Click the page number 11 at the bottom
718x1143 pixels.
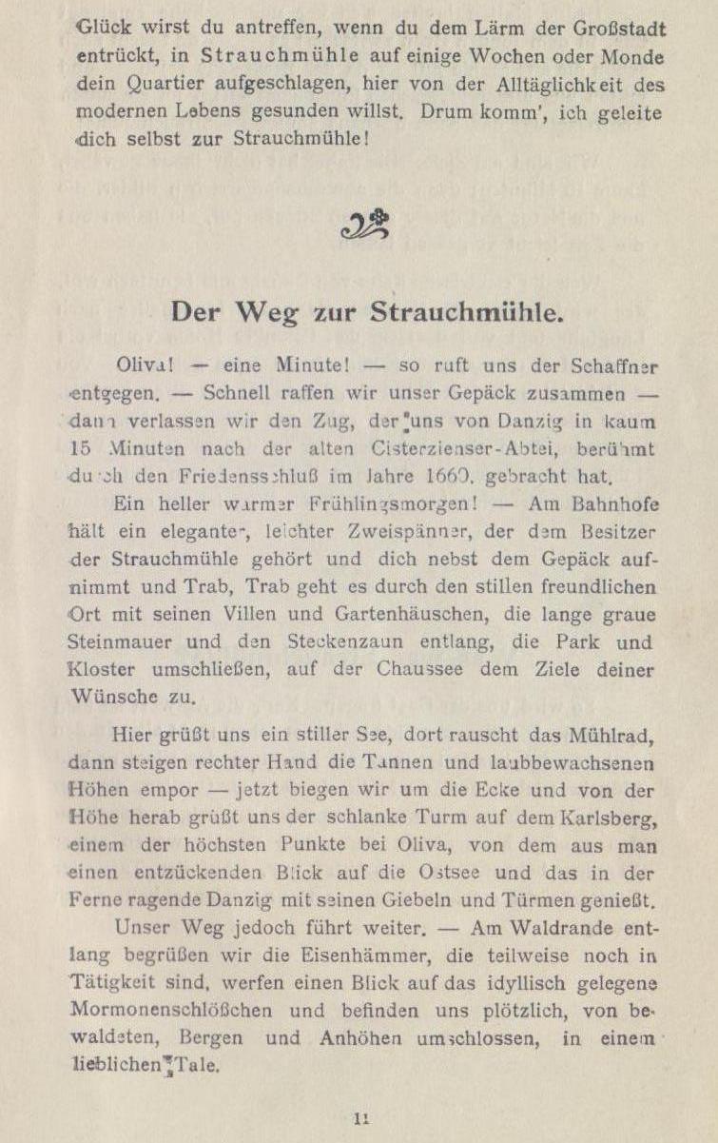(361, 1120)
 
